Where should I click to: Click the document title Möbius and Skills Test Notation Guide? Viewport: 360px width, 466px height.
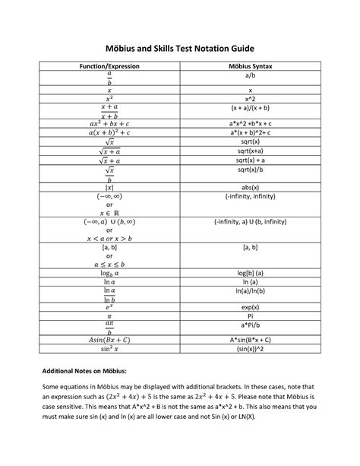[180, 46]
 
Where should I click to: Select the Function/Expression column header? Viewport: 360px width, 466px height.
[110, 67]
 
